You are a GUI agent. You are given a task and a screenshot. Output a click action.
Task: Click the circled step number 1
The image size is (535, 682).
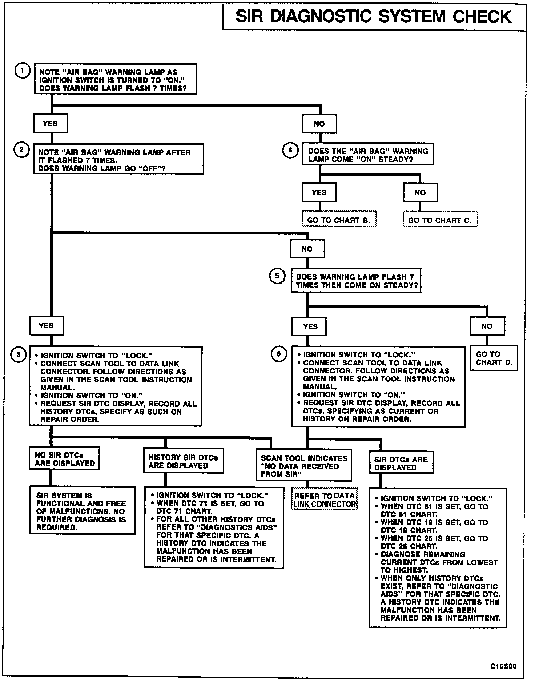(x=23, y=71)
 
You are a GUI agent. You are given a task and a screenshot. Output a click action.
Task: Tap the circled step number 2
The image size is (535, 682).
(x=21, y=150)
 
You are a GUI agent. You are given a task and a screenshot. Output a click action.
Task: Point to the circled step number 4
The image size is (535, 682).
(x=290, y=151)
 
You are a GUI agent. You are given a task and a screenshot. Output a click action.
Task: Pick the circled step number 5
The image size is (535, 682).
(x=277, y=276)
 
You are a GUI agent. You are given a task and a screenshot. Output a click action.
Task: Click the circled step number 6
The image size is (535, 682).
(x=279, y=354)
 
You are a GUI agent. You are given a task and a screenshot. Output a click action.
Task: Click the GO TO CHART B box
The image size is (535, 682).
(x=339, y=220)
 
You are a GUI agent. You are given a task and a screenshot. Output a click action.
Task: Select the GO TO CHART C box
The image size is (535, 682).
(x=440, y=220)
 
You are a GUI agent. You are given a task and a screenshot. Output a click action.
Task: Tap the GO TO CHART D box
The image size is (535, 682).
(x=494, y=358)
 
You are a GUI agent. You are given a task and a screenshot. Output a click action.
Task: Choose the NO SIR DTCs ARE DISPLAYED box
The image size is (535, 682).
(x=64, y=459)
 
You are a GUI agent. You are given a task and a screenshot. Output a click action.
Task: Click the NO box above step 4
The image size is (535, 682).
(x=319, y=124)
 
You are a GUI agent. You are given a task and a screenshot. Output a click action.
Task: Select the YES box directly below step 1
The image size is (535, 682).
(x=50, y=124)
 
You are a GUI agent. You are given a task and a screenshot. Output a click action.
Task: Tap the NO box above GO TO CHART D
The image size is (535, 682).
(x=487, y=326)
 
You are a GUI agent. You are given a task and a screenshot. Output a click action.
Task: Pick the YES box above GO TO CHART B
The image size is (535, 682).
(x=319, y=192)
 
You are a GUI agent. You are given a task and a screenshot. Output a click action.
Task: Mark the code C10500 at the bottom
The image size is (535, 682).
(x=503, y=666)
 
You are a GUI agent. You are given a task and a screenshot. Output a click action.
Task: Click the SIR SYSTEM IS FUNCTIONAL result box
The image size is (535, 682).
(x=82, y=511)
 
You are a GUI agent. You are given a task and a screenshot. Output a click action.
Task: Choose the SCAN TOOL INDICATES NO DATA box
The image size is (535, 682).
(x=304, y=466)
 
